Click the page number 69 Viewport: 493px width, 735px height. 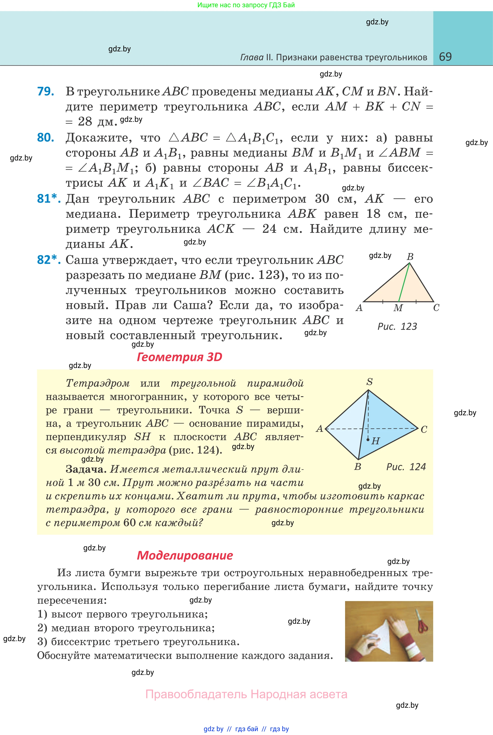pos(445,57)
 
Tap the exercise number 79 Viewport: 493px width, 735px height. pos(46,91)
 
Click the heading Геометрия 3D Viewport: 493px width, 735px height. pos(179,357)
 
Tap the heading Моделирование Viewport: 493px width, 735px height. pos(185,555)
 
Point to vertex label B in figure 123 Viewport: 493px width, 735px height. pos(410,257)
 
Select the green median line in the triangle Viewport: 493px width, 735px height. pos(404,282)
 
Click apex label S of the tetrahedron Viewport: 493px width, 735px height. pos(369,382)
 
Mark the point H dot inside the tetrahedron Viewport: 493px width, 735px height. pos(368,439)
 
